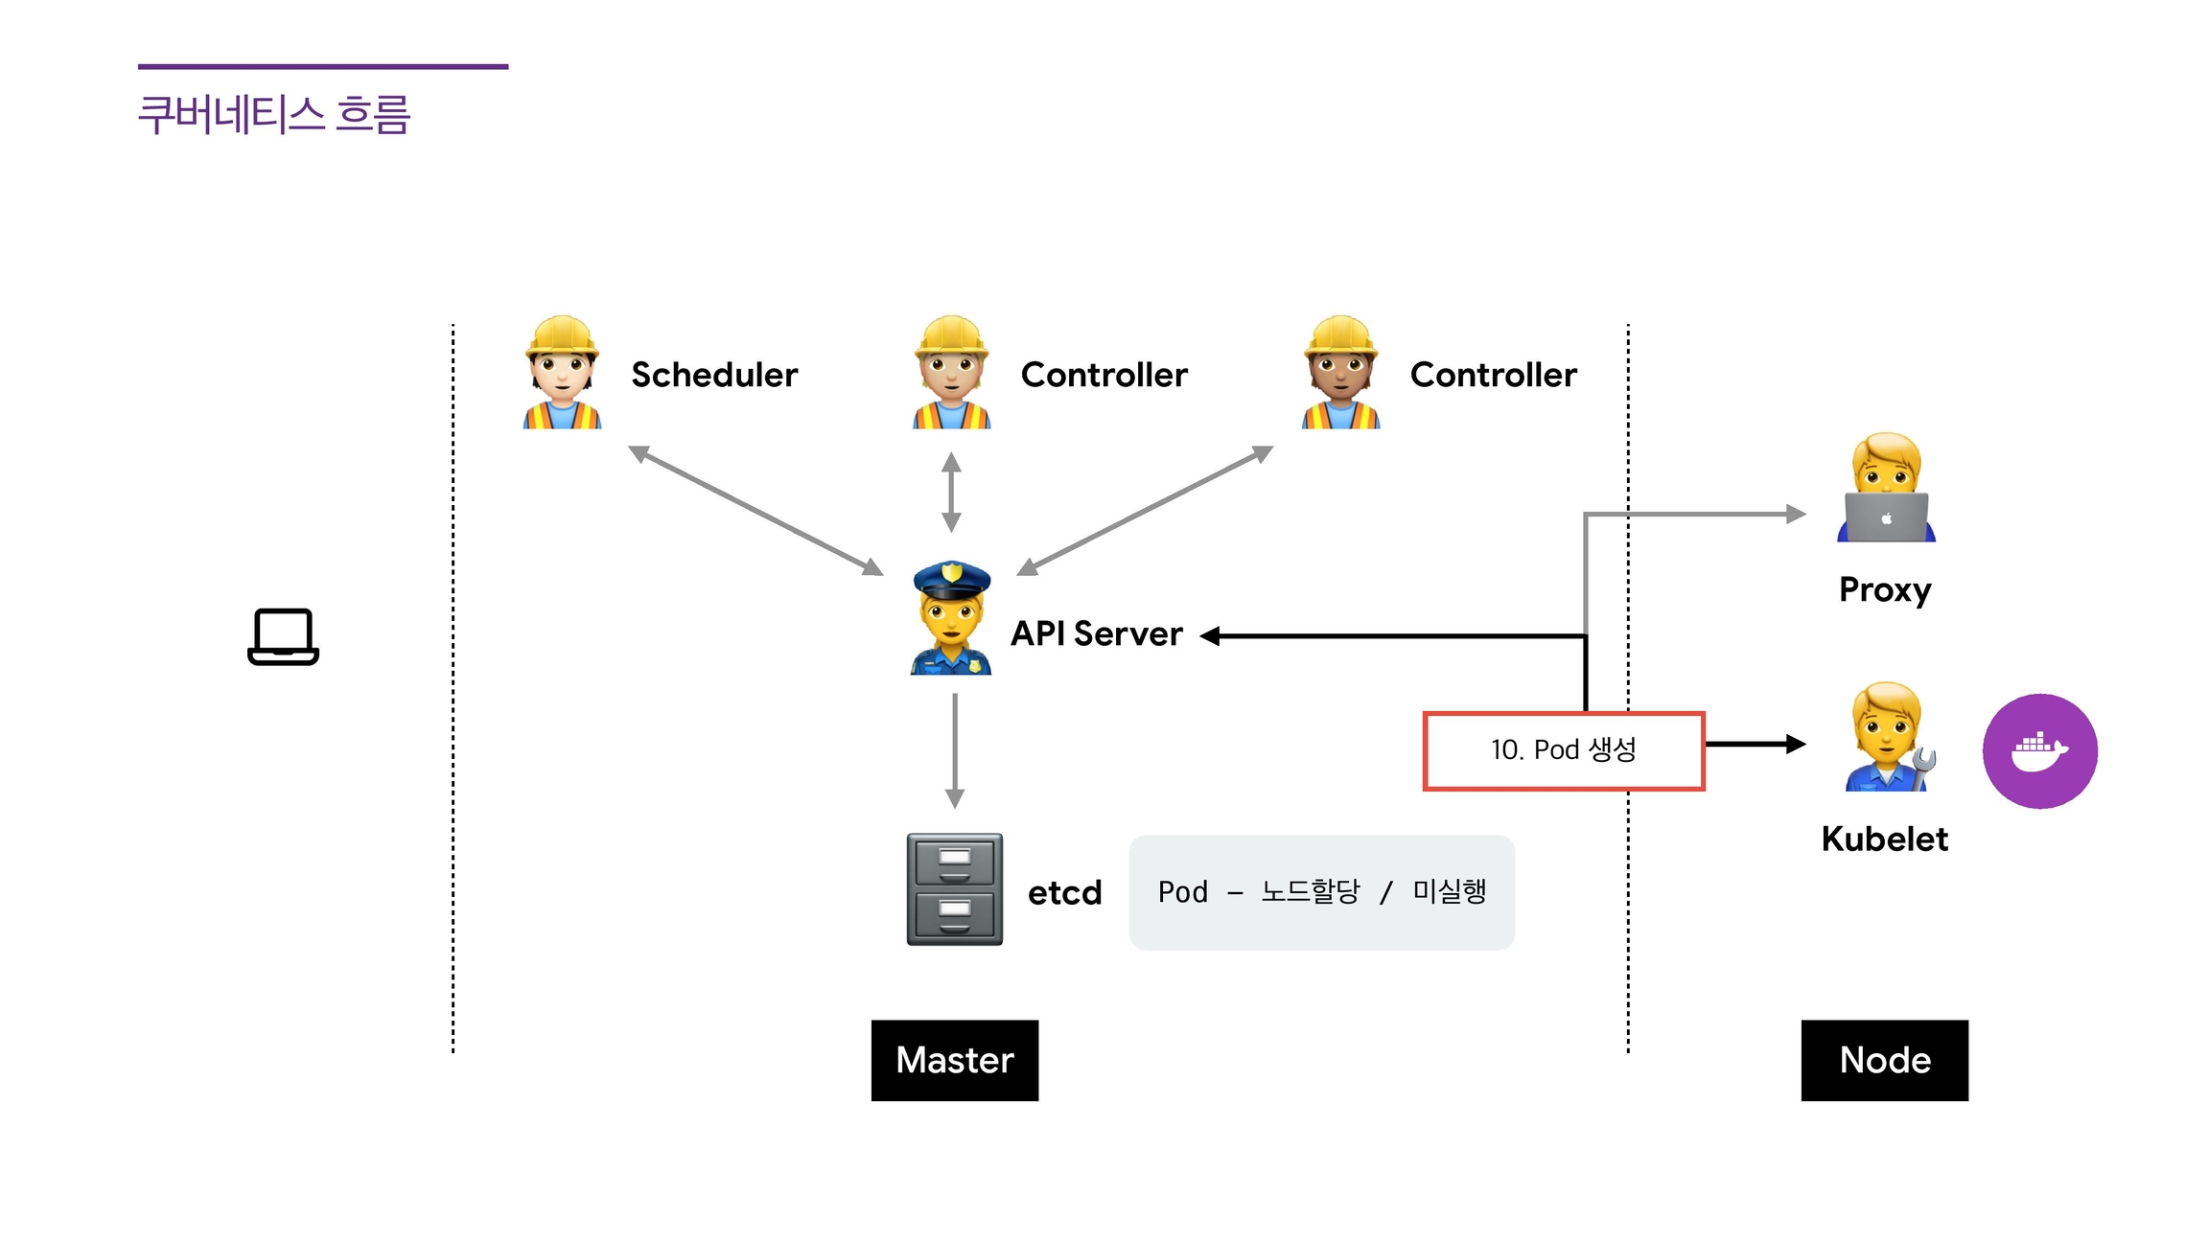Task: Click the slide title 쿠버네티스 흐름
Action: [x=274, y=115]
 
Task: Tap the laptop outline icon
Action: [x=283, y=636]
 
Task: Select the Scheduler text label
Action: [x=714, y=375]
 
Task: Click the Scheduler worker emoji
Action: [x=562, y=373]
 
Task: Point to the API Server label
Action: [x=1097, y=633]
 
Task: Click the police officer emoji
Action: [x=951, y=618]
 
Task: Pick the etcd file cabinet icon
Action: [x=955, y=889]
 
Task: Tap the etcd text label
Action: [x=1064, y=893]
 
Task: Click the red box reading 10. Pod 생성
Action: [x=1563, y=750]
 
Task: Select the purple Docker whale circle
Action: [x=2039, y=751]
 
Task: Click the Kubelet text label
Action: [x=1884, y=839]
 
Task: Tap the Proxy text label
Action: [x=1885, y=589]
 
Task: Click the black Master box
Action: [x=955, y=1060]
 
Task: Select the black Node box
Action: [x=1884, y=1060]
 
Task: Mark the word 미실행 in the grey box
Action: [x=1449, y=891]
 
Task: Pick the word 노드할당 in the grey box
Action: [x=1310, y=891]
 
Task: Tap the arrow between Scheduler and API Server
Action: [x=756, y=510]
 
